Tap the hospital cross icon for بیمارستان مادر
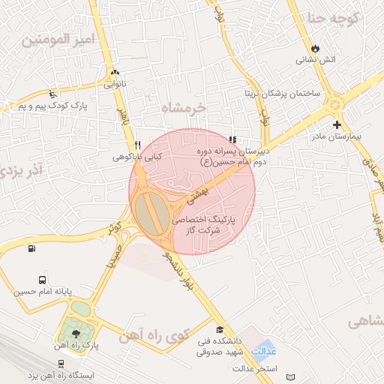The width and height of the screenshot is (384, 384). [x=337, y=124]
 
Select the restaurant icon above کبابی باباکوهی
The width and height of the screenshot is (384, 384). [x=136, y=145]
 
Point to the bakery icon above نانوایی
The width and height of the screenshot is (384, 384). [x=114, y=73]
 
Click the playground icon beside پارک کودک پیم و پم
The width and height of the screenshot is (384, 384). [x=51, y=94]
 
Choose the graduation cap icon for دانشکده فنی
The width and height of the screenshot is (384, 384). [x=220, y=329]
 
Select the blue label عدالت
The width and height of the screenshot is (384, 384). [x=264, y=350]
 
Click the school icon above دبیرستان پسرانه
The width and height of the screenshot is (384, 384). [x=232, y=139]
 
